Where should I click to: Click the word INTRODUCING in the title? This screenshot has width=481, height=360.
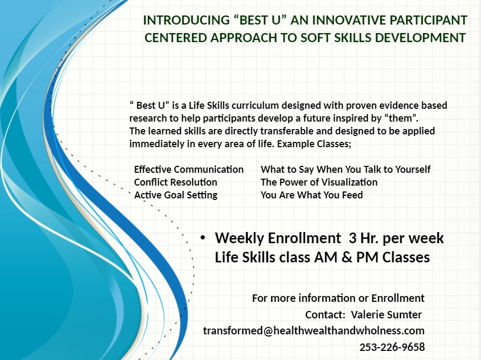pyautogui.click(x=186, y=20)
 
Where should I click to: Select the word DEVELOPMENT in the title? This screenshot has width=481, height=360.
pyautogui.click(x=420, y=38)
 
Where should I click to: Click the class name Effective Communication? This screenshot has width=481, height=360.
pyautogui.click(x=188, y=169)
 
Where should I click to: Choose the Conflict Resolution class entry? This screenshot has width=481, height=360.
pyautogui.click(x=176, y=182)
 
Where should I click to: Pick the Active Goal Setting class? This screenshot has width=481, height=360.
pyautogui.click(x=176, y=195)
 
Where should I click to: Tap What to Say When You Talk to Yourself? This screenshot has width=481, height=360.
pyautogui.click(x=345, y=169)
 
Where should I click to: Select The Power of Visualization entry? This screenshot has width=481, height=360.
pyautogui.click(x=319, y=182)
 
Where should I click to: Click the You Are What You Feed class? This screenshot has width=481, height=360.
pyautogui.click(x=312, y=195)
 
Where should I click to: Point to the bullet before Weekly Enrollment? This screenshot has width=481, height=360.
pyautogui.click(x=202, y=238)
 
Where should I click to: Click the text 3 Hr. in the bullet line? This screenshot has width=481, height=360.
pyautogui.click(x=363, y=238)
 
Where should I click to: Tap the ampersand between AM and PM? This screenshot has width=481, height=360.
pyautogui.click(x=346, y=258)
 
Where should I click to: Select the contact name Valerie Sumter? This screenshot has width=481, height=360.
pyautogui.click(x=386, y=315)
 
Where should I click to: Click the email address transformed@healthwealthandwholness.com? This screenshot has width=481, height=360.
pyautogui.click(x=314, y=331)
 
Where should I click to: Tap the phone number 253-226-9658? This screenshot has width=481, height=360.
pyautogui.click(x=392, y=347)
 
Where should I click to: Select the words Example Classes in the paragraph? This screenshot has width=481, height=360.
pyautogui.click(x=314, y=143)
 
